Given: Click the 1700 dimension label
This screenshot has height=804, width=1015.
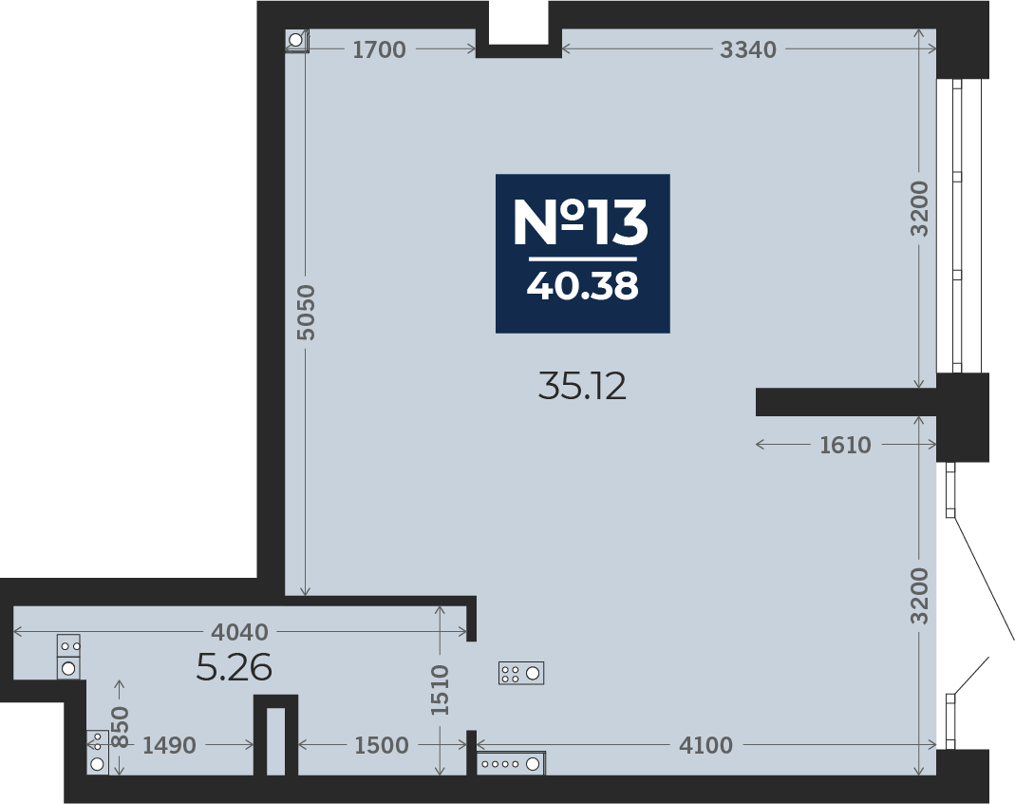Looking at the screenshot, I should click(x=379, y=50).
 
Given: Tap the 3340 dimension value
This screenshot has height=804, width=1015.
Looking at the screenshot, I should click(x=748, y=50).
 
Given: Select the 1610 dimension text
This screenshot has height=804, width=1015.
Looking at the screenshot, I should click(x=845, y=445).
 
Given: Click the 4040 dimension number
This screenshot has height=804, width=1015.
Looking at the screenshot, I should click(x=240, y=632).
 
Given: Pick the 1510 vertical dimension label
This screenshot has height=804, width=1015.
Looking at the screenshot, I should click(x=440, y=690).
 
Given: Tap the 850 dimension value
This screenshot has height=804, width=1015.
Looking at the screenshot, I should click(x=120, y=727).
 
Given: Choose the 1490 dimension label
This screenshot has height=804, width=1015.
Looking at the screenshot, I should click(x=169, y=746).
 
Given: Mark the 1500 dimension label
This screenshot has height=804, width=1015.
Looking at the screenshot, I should click(x=381, y=746).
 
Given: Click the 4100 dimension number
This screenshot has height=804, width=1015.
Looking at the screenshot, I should click(x=705, y=746).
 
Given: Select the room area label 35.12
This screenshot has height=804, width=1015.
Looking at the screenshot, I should click(x=582, y=387).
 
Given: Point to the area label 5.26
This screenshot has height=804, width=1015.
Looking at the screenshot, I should click(x=234, y=669).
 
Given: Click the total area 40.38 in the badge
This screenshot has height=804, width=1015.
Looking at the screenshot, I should click(x=582, y=285).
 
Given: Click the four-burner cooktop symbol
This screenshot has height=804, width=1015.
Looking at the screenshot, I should click(x=521, y=674).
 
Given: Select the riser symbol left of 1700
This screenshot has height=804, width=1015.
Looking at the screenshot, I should click(x=296, y=41).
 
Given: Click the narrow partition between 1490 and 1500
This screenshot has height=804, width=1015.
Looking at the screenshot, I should click(x=275, y=736).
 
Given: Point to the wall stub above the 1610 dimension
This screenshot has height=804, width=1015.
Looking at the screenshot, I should click(x=845, y=402).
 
